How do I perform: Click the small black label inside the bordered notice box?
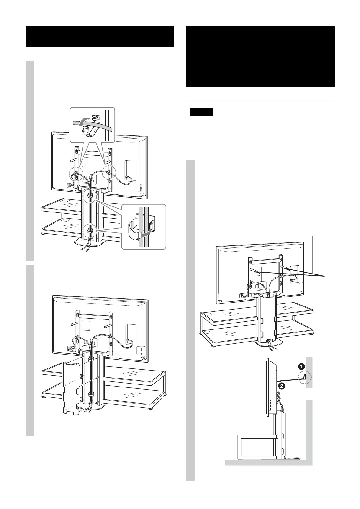tap(202, 112)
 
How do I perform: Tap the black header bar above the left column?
tap(100, 36)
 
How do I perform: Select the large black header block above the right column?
tap(260, 56)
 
